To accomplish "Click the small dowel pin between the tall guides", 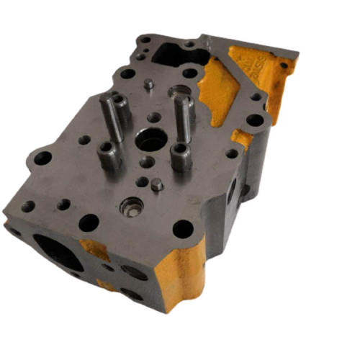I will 148,85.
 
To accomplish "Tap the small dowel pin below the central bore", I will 157,186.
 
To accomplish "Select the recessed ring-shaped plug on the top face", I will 130,207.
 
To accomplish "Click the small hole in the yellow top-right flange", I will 283,66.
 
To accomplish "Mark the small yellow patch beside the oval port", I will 96,250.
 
